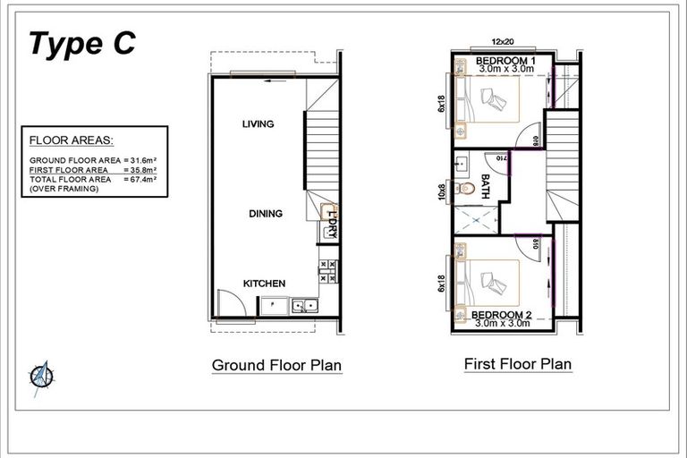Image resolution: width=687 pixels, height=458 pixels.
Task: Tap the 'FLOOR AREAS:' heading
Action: (x=71, y=140)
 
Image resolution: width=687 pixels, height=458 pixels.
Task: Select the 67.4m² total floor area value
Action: (x=141, y=179)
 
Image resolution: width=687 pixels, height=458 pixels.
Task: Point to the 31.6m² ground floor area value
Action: (x=141, y=161)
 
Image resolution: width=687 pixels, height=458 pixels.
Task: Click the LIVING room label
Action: (x=258, y=124)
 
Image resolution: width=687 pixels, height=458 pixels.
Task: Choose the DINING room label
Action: (x=266, y=214)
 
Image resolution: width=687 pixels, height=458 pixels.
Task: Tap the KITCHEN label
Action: (x=265, y=284)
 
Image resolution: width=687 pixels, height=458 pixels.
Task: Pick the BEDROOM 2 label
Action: (x=501, y=315)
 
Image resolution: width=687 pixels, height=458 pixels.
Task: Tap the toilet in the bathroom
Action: (x=463, y=189)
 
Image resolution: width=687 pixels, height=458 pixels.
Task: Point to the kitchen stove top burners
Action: (x=327, y=271)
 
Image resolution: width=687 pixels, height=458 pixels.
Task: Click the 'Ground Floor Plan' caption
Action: (x=276, y=366)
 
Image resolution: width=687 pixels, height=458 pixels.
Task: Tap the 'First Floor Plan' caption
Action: (x=517, y=364)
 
